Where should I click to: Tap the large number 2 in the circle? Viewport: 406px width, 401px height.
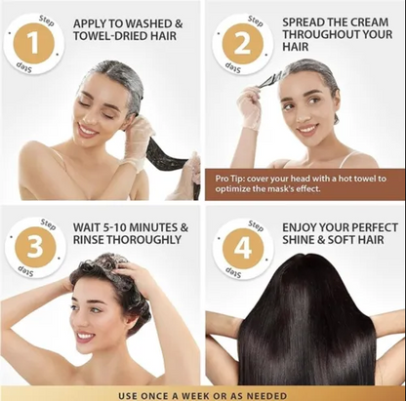click(234, 44)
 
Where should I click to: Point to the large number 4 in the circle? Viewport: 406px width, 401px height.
click(234, 248)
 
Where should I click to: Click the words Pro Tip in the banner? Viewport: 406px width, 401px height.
click(230, 179)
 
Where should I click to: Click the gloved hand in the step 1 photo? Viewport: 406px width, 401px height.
click(138, 137)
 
